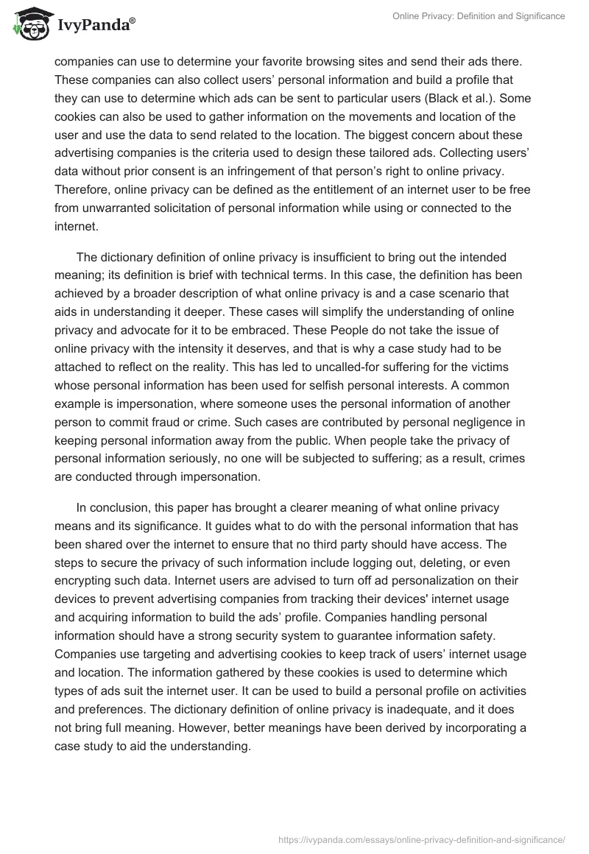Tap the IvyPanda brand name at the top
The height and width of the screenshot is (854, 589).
pyautogui.click(x=94, y=25)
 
